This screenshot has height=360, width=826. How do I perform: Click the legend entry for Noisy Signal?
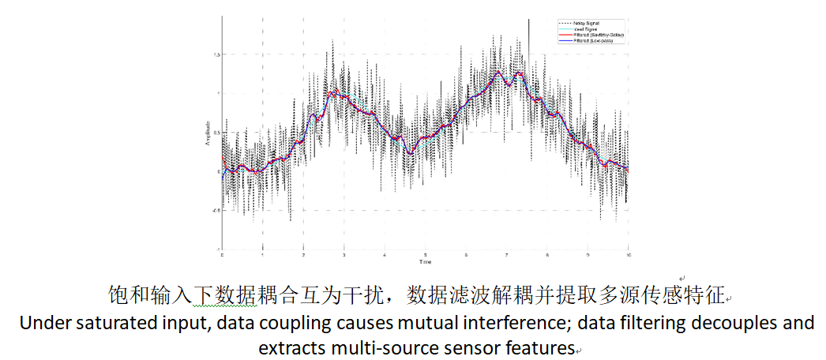point(585,22)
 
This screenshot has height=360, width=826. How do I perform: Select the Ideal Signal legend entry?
point(583,28)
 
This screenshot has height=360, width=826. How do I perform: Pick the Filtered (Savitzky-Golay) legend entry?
point(593,35)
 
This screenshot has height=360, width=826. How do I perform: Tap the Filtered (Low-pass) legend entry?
point(589,41)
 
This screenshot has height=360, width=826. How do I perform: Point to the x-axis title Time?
point(426,261)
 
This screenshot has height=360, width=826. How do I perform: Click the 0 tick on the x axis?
point(222,254)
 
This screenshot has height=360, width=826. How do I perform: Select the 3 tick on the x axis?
point(344,254)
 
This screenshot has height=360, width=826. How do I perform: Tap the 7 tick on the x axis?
point(507,254)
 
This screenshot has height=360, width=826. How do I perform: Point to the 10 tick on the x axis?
point(629,254)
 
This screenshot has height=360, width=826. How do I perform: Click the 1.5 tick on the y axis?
point(215,54)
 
